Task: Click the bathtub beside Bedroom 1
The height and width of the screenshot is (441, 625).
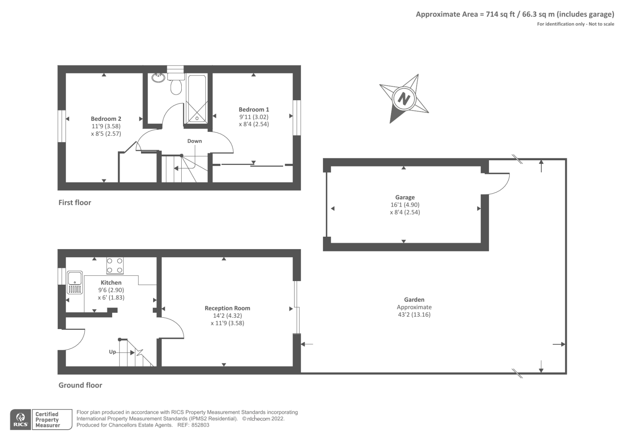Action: pyautogui.click(x=197, y=99)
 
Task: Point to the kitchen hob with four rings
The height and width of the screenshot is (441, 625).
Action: pyautogui.click(x=114, y=266)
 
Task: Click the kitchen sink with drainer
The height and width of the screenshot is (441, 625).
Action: pyautogui.click(x=74, y=282)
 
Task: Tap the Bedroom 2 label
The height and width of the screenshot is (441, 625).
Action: pyautogui.click(x=106, y=119)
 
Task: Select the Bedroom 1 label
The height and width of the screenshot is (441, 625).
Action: pyautogui.click(x=254, y=110)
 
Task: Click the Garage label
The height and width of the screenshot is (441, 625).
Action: pyautogui.click(x=405, y=197)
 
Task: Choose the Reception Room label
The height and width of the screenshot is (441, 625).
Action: pyautogui.click(x=227, y=308)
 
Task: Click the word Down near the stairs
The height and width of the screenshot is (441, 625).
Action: pyautogui.click(x=195, y=141)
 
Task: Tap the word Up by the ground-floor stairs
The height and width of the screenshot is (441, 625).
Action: pyautogui.click(x=112, y=352)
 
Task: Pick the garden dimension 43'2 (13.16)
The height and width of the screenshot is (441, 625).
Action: pyautogui.click(x=414, y=315)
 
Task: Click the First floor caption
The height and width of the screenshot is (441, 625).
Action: pyautogui.click(x=75, y=202)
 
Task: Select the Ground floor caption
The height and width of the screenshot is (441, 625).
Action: pyautogui.click(x=80, y=385)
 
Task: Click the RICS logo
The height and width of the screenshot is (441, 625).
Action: pyautogui.click(x=20, y=420)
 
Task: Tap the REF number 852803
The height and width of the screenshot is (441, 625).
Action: pyautogui.click(x=201, y=425)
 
